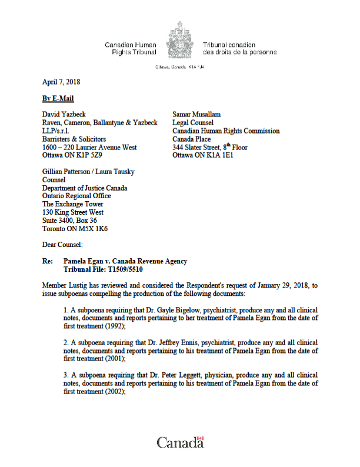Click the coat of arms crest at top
179,42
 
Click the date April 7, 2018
62,82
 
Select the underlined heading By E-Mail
58,98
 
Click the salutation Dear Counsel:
64,243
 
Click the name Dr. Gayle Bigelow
166,309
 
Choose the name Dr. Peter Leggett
166,375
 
